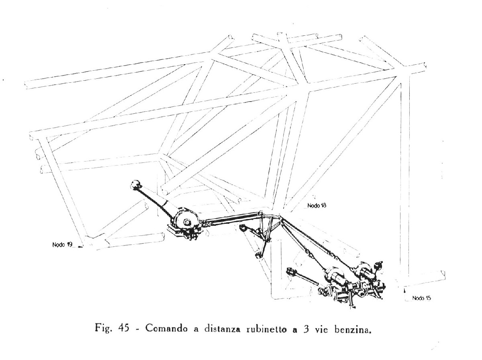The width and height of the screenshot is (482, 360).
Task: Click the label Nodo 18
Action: point(317,206)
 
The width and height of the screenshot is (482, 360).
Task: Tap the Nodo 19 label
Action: point(62,244)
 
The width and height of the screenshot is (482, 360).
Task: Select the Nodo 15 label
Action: point(421,298)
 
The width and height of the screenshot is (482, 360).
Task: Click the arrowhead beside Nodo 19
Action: point(80,247)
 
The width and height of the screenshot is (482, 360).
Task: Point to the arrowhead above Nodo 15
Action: point(404,291)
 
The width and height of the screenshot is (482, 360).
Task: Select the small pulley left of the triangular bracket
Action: point(243,229)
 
